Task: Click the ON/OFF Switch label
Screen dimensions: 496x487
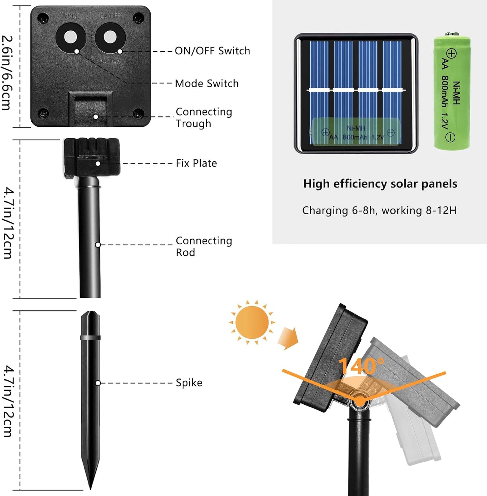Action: pos(212,51)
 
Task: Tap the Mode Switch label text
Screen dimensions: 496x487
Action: pos(207,84)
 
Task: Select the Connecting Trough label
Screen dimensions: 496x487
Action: pos(204,118)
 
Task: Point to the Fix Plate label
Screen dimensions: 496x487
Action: pos(196,163)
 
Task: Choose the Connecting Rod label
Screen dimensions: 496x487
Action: pos(204,246)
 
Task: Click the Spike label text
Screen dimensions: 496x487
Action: pos(189,383)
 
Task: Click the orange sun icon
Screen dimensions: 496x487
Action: pos(252,322)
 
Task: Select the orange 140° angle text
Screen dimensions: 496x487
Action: pos(361,366)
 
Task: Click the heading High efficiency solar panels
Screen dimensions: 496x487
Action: pos(380,184)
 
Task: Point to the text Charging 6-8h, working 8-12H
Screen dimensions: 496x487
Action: pos(379,211)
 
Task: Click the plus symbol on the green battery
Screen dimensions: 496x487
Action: pos(451,53)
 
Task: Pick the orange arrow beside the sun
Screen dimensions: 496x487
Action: pos(288,338)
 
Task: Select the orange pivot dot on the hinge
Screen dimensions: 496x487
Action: pos(360,401)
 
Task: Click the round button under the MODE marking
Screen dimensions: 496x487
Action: pos(71,37)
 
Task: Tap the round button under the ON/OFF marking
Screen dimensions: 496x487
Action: pos(110,37)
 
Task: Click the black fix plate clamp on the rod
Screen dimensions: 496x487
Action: pos(92,158)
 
